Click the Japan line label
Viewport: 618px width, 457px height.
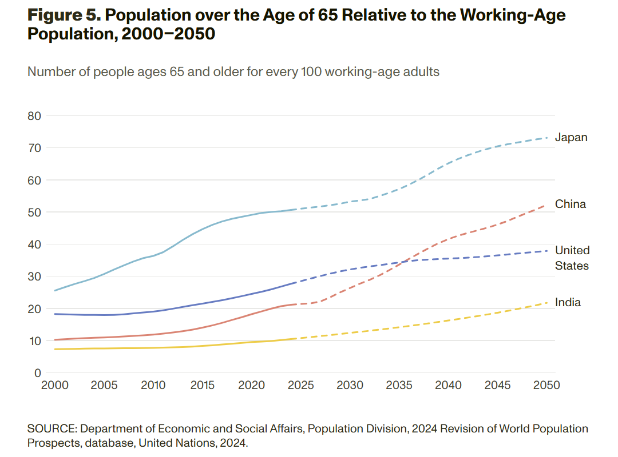[x=571, y=138]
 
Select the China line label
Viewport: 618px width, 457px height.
[x=571, y=204]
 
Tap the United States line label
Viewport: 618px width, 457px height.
[x=572, y=258]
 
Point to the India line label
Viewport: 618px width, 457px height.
[x=568, y=302]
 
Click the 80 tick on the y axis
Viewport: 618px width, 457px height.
[x=34, y=116]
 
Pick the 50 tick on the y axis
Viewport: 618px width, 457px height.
[x=34, y=213]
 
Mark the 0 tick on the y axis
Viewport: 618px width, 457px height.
[x=38, y=373]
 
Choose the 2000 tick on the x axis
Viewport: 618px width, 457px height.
[x=55, y=386]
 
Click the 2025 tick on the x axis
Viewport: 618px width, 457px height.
[x=300, y=386]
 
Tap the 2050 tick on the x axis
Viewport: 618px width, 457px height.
[x=546, y=386]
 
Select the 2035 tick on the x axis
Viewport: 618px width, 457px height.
[x=399, y=386]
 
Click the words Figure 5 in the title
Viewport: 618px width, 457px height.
[x=64, y=15]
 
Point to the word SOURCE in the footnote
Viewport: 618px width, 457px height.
[x=50, y=428]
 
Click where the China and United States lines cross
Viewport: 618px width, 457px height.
[x=398, y=262]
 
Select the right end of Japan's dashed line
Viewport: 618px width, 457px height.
[x=547, y=138]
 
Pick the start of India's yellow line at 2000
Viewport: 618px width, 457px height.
[x=55, y=349]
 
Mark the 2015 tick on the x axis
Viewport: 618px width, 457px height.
[x=202, y=386]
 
